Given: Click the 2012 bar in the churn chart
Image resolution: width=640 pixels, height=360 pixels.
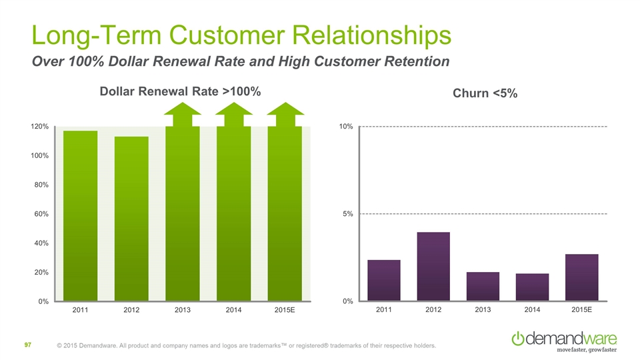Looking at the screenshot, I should point(433,267).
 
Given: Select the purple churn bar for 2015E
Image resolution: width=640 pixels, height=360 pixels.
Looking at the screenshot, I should point(581,277).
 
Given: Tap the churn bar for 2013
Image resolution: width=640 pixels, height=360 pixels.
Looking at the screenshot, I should point(483,287).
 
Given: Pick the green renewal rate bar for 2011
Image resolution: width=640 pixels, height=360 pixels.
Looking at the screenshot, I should point(81,216).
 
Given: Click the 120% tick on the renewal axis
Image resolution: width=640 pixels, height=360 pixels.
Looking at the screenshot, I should point(39,126).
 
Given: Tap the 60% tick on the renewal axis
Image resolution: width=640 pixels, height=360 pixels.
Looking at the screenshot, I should point(41,214).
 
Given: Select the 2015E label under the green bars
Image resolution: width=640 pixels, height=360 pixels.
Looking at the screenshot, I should point(285,311).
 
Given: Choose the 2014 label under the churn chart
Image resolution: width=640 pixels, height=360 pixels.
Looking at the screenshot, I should point(532,311).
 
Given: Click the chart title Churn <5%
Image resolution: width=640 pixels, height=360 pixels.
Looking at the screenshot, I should point(485,94).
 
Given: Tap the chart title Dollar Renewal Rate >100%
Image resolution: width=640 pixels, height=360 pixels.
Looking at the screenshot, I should point(179,91).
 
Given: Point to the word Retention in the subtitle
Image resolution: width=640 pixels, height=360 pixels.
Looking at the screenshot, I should point(415,62).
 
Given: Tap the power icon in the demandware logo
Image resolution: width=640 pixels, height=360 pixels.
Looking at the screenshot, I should point(518,338).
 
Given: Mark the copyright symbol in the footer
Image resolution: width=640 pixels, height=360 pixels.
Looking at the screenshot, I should point(60,346).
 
